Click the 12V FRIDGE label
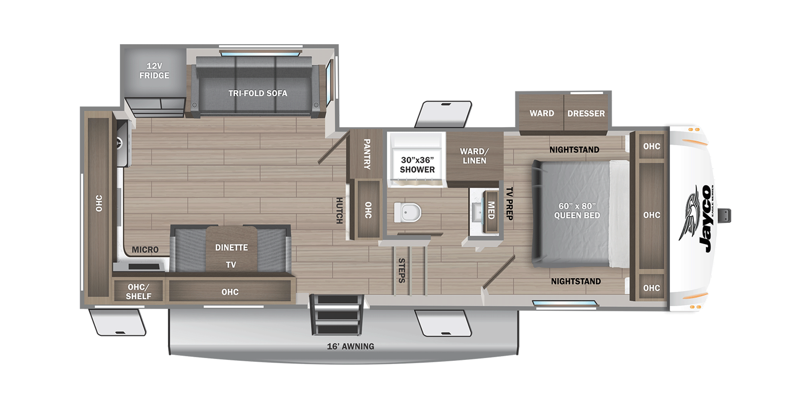(x=154, y=71)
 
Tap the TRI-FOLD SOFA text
(x=258, y=93)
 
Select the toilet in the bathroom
(x=408, y=212)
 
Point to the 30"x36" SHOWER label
(x=417, y=165)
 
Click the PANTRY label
(x=367, y=154)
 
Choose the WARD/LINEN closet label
(x=474, y=156)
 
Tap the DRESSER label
(x=586, y=114)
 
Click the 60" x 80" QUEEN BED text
(x=577, y=211)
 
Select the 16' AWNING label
(x=351, y=346)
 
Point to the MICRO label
(x=145, y=250)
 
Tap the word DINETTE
(x=232, y=248)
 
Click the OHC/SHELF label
(x=138, y=292)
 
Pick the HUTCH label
(x=339, y=210)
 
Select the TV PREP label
(x=509, y=203)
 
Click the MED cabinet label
(x=491, y=210)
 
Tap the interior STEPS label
(x=401, y=270)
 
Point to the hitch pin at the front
(x=725, y=216)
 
